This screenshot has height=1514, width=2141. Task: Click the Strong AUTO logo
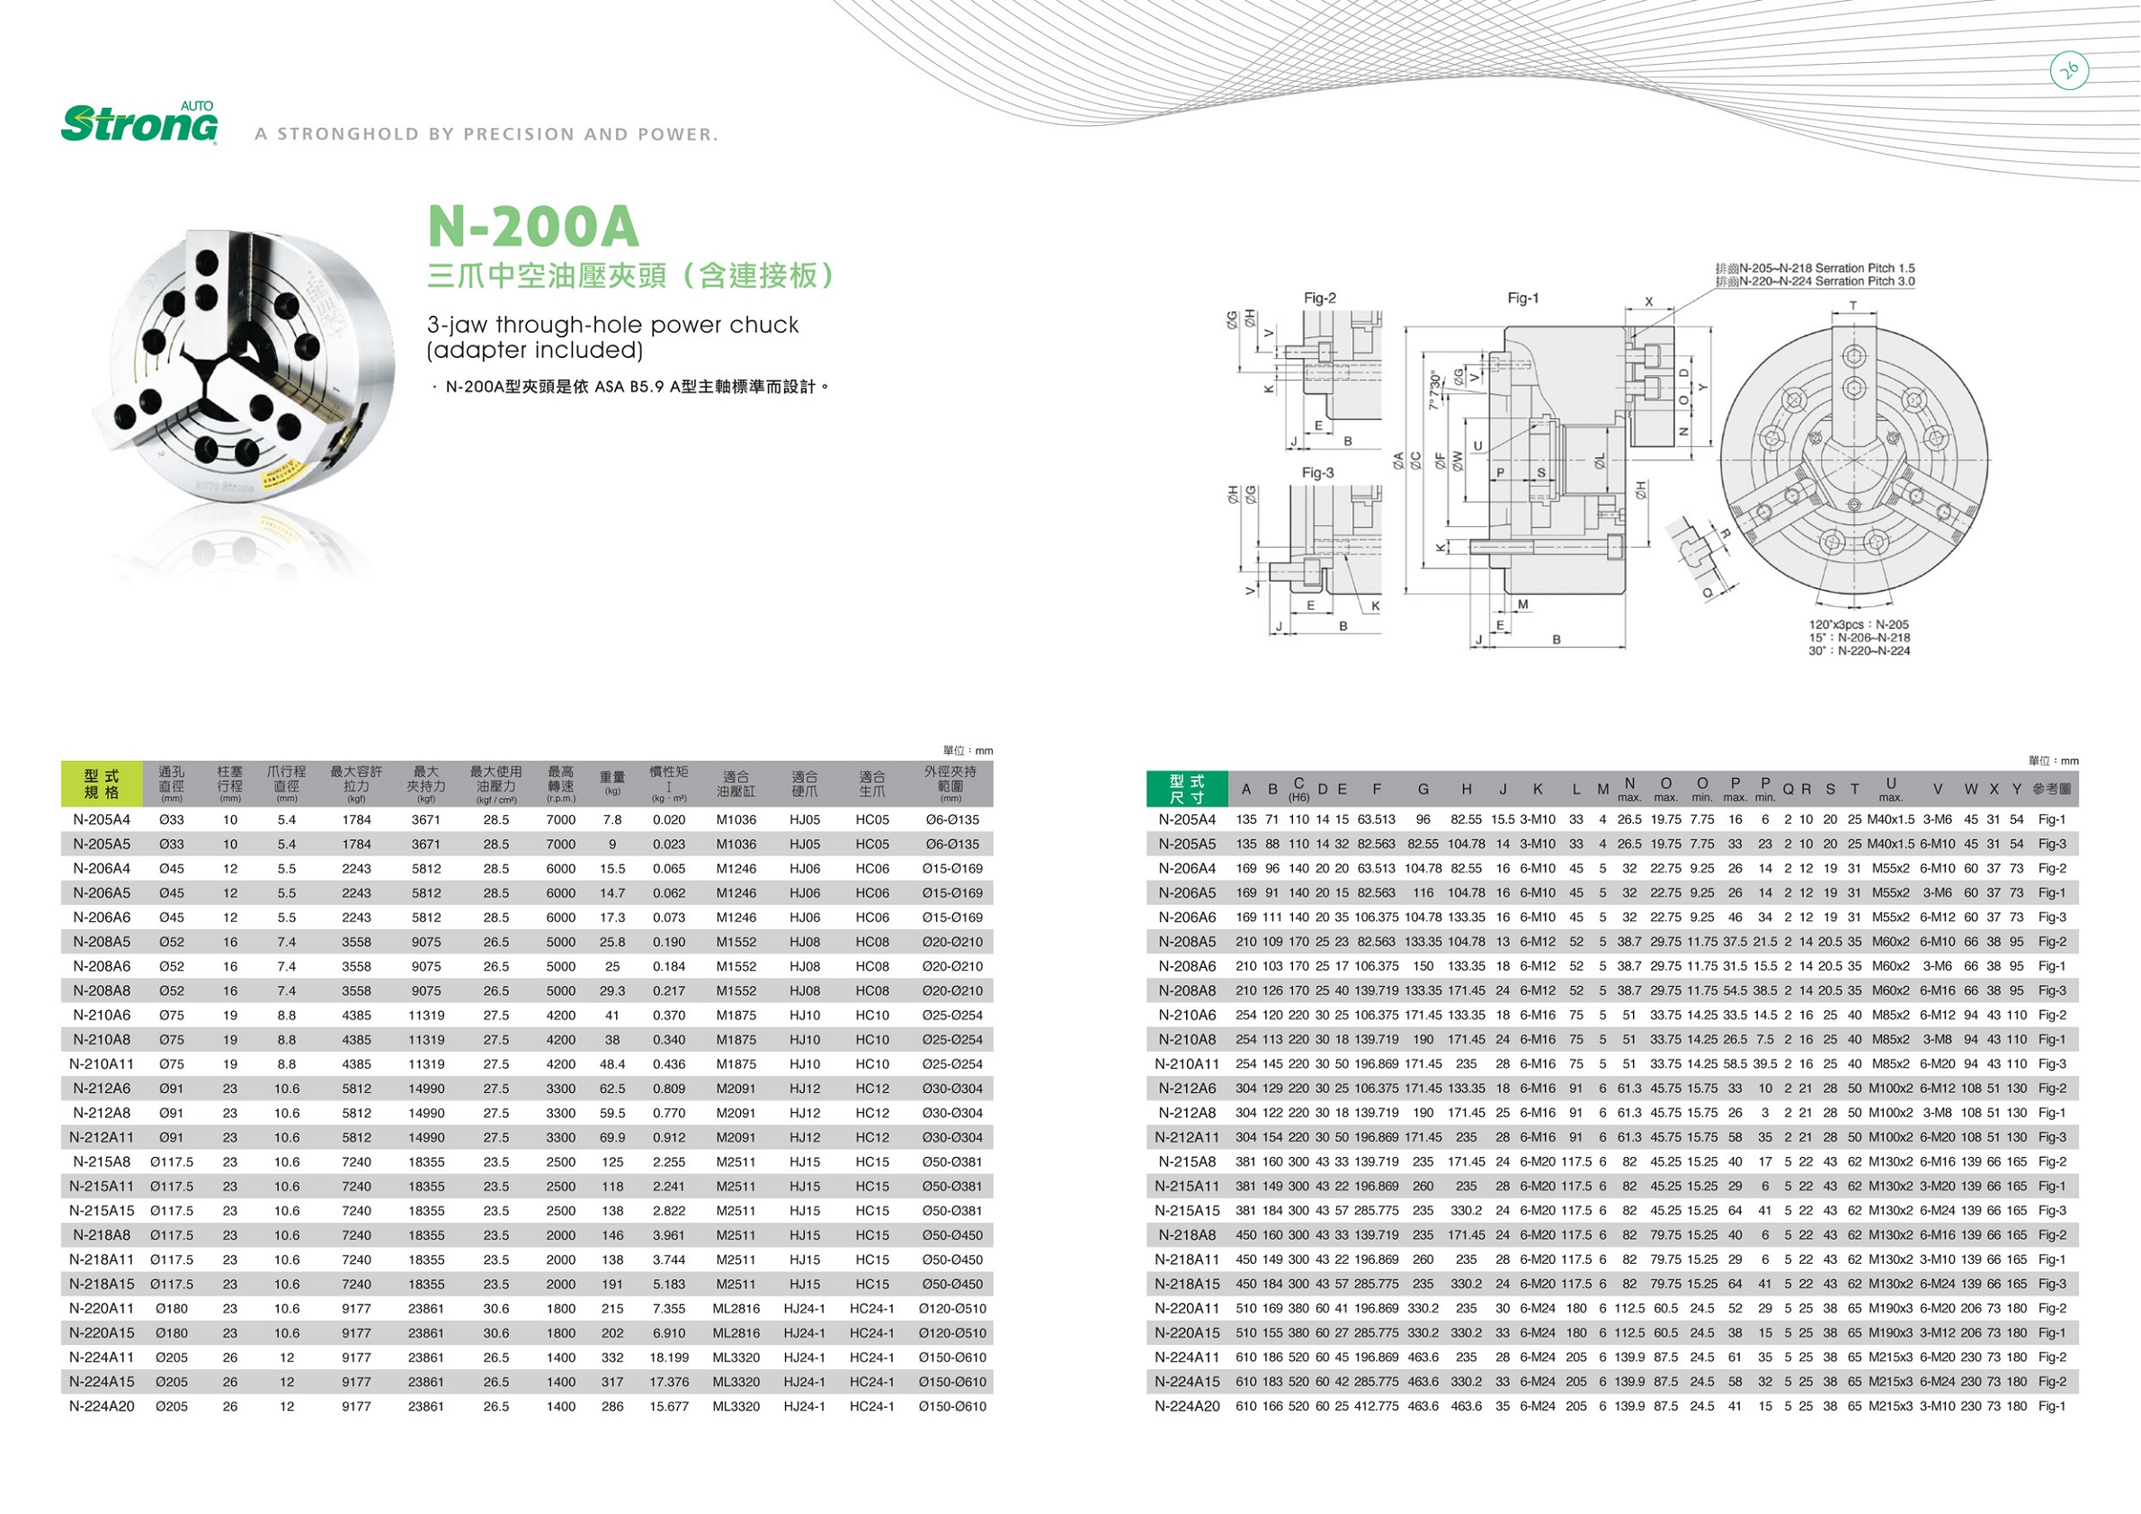click(140, 124)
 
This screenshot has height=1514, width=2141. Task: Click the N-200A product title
click(532, 226)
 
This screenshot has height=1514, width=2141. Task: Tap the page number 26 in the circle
click(2070, 70)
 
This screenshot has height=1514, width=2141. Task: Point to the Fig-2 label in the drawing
click(1319, 299)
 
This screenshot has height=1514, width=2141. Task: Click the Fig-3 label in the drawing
click(1317, 473)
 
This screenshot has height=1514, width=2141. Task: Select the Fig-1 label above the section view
click(1522, 299)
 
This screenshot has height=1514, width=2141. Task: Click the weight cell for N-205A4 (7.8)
click(612, 820)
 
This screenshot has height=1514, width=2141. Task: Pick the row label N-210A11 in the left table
click(103, 1064)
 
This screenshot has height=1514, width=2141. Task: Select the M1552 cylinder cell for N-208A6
click(736, 966)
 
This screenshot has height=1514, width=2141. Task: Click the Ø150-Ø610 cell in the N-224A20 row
click(951, 1407)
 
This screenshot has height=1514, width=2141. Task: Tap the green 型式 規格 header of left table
click(103, 784)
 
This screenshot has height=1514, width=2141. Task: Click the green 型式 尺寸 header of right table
click(1187, 789)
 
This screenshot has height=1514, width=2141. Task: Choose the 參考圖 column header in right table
click(2051, 789)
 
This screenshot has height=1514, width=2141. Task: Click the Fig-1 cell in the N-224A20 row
click(2051, 1407)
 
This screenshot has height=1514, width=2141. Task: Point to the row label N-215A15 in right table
click(1187, 1211)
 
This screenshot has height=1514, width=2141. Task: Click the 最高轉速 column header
click(560, 784)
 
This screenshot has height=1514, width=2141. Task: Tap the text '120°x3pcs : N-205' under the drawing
click(1858, 625)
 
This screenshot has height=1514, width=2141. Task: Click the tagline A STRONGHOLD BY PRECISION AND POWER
click(486, 134)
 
